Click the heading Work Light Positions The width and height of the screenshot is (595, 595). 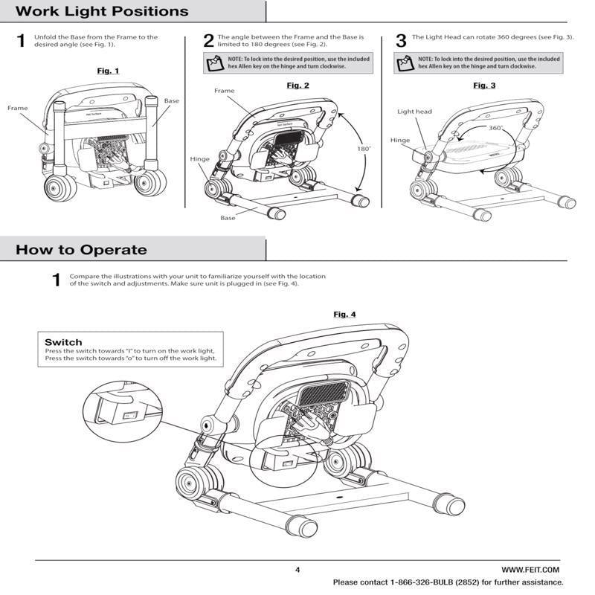[x=102, y=12]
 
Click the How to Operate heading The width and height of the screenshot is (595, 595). [x=81, y=250]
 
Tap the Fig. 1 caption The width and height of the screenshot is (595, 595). [x=108, y=71]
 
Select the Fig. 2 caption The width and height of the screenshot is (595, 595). [x=297, y=86]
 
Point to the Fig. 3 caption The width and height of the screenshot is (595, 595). [x=484, y=86]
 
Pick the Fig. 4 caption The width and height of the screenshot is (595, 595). [x=344, y=315]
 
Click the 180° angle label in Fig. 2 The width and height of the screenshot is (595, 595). [x=362, y=148]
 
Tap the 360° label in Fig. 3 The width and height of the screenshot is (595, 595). [x=496, y=128]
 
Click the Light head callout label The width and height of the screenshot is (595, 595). [x=414, y=112]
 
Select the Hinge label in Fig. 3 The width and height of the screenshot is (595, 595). [x=400, y=140]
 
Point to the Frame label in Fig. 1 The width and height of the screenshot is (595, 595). [x=18, y=108]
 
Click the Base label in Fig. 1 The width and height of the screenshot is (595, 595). [x=172, y=100]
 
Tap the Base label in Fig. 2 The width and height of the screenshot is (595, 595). [x=228, y=218]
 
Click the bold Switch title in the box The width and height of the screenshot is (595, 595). [x=63, y=342]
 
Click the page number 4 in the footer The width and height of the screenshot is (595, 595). [x=297, y=570]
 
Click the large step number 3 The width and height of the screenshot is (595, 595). [x=400, y=41]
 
